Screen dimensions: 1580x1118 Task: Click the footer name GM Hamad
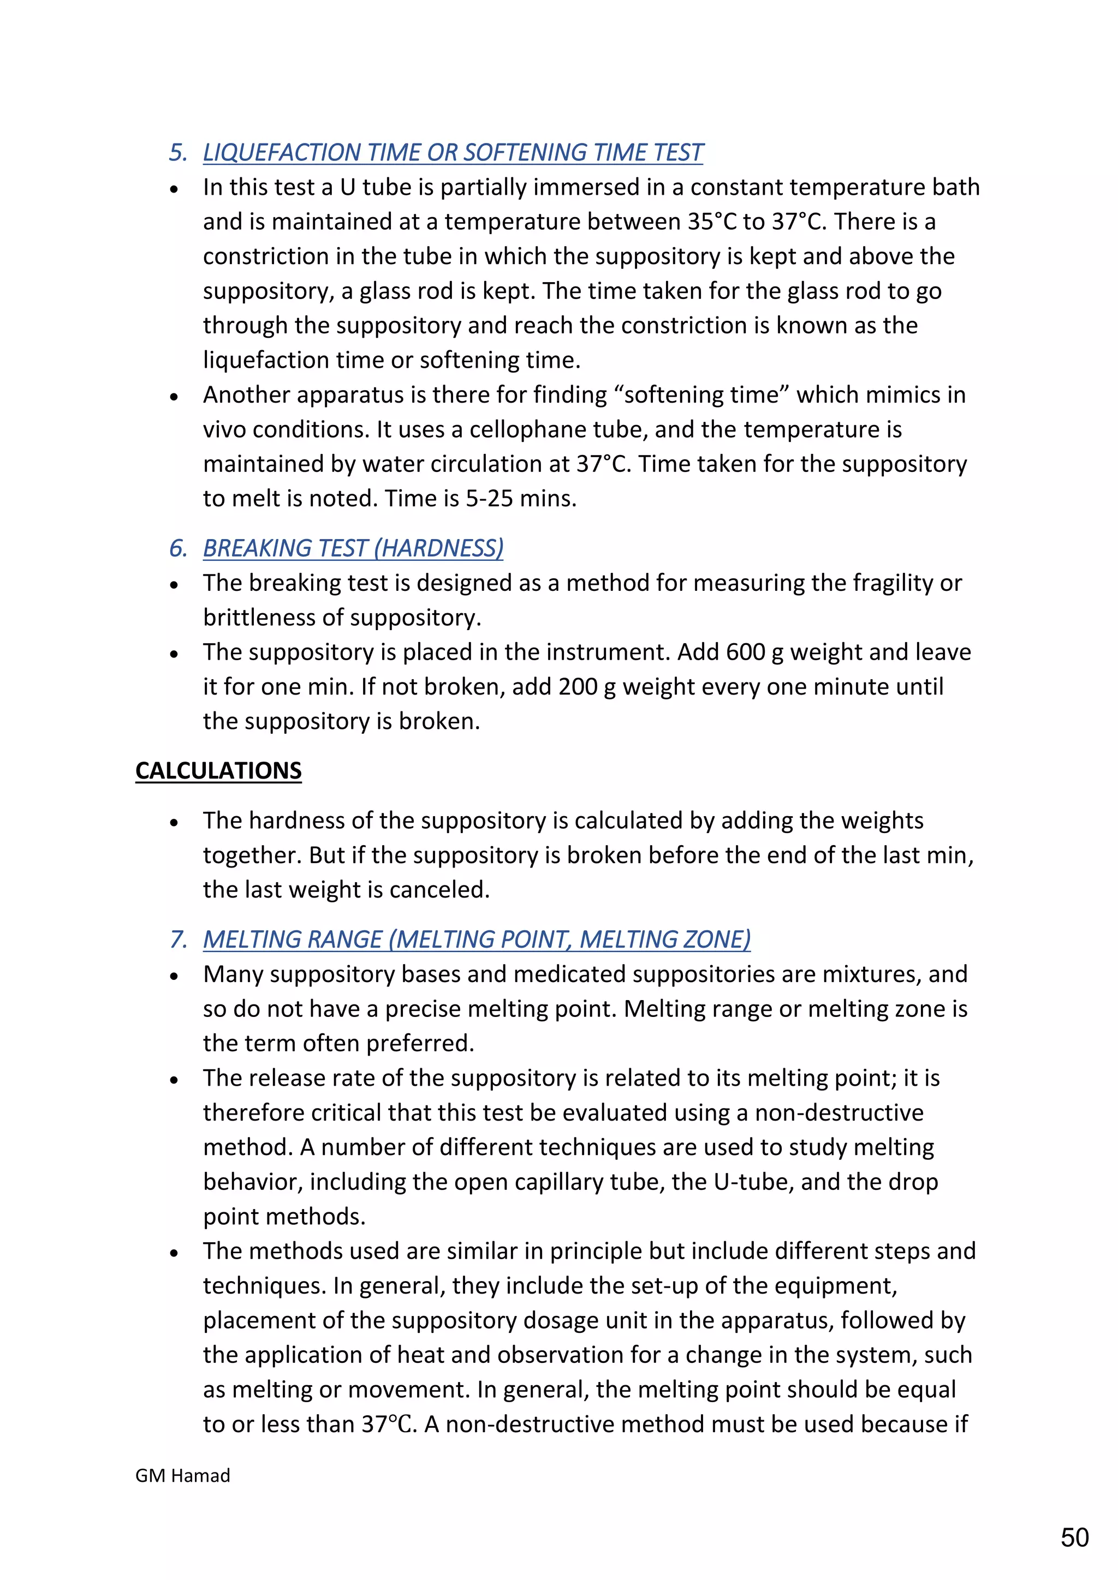pos(182,1475)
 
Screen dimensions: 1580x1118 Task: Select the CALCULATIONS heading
pos(218,771)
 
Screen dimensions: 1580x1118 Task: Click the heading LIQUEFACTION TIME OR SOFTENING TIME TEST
pos(453,152)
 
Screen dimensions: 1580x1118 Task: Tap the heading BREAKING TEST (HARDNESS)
pos(353,548)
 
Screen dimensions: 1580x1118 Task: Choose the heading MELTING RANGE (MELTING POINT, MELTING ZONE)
pos(477,939)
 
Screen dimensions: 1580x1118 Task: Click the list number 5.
pos(177,152)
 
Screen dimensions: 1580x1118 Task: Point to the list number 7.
pos(177,939)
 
